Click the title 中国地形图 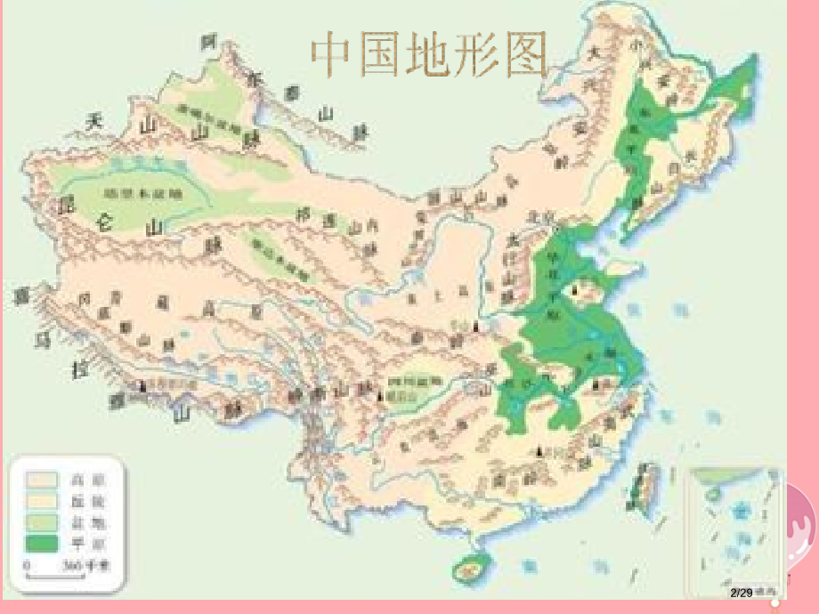[x=428, y=55]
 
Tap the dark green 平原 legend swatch [x=39, y=541]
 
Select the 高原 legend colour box [x=39, y=480]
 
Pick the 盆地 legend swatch [x=39, y=521]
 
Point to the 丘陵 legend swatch [x=39, y=500]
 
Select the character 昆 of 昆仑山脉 [x=64, y=206]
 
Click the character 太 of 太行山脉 [x=513, y=239]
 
